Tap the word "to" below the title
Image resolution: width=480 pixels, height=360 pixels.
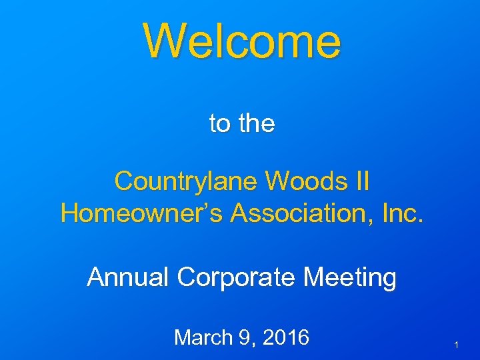coord(220,123)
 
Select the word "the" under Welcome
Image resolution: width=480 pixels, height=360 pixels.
coord(256,123)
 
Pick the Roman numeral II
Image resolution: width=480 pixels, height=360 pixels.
coord(360,180)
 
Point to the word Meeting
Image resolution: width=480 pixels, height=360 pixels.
coord(350,278)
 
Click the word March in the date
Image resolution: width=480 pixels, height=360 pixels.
coord(201,338)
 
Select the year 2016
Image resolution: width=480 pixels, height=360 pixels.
coord(285,338)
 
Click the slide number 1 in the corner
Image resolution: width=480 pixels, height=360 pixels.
coord(455,345)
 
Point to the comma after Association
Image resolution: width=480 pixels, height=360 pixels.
coord(375,221)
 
